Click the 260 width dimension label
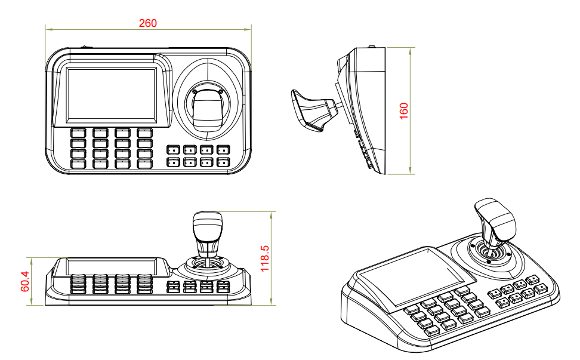click(x=147, y=23)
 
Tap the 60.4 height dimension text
click(x=25, y=281)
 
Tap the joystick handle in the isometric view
click(x=496, y=221)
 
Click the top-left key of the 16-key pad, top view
click(x=78, y=133)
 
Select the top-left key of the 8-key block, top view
click(x=173, y=150)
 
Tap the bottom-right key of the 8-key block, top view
click(x=223, y=161)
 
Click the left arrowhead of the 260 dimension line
click(x=48, y=28)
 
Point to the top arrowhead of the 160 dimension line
click(x=412, y=50)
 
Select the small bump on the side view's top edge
click(x=371, y=47)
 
